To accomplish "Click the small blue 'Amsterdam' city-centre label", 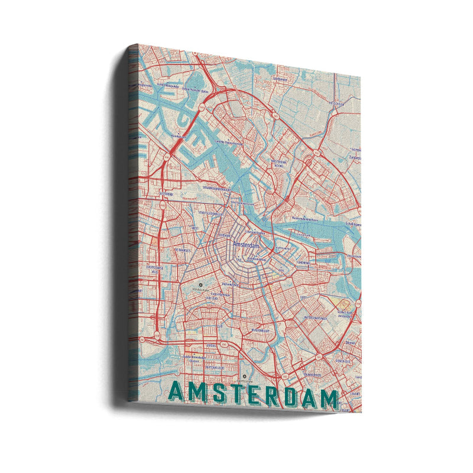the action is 247,244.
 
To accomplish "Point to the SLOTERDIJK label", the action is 167,193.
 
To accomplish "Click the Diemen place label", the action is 350,342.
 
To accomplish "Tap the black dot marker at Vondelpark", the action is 200,284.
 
